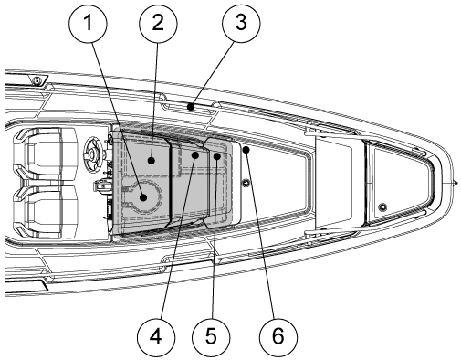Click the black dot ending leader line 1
(x=143, y=198)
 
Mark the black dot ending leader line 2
(x=152, y=160)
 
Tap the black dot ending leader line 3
(x=191, y=107)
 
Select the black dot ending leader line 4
(x=195, y=155)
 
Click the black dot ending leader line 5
(x=217, y=156)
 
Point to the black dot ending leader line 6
(x=246, y=150)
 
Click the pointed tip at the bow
(x=456, y=183)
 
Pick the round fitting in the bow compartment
(x=382, y=207)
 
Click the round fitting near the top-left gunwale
(x=37, y=81)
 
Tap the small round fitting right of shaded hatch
(x=246, y=183)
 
